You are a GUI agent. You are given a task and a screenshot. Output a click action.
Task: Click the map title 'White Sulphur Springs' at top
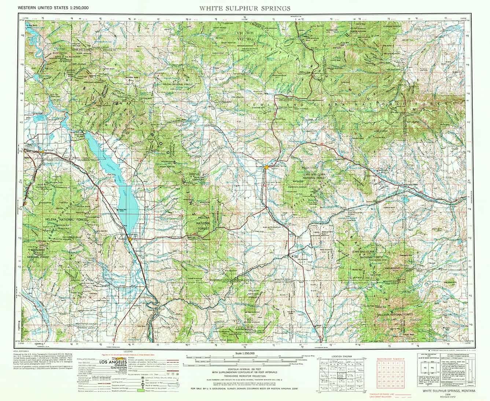click(x=245, y=8)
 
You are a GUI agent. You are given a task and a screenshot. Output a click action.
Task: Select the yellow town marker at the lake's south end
click(x=130, y=240)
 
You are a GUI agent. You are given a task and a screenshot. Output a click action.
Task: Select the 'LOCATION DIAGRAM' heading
click(x=341, y=356)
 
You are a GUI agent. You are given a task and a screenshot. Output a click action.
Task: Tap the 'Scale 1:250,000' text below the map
click(x=245, y=353)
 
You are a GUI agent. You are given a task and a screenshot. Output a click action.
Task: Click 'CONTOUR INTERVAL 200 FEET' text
click(x=244, y=369)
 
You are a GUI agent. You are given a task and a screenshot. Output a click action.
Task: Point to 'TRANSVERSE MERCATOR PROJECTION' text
click(x=244, y=376)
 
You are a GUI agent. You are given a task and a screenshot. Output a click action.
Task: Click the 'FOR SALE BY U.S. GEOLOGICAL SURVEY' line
click(x=244, y=388)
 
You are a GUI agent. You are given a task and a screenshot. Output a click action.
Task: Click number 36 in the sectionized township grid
click(x=402, y=386)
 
